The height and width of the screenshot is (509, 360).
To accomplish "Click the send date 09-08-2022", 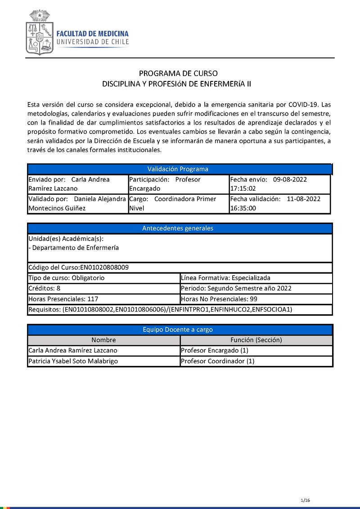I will click(x=290, y=179).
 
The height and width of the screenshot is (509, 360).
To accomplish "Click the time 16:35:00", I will click(x=243, y=208).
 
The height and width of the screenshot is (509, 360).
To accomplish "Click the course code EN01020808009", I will click(x=104, y=267).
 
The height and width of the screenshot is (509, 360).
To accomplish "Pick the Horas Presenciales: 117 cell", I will click(x=63, y=299).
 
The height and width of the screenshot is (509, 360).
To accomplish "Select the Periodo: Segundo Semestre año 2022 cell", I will click(x=236, y=288).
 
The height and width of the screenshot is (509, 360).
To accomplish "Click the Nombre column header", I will click(x=103, y=340).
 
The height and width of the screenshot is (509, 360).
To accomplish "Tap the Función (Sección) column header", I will click(x=256, y=340).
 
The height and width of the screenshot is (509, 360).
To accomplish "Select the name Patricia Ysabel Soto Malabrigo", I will click(x=79, y=361).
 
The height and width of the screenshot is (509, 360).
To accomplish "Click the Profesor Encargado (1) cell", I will click(x=214, y=350).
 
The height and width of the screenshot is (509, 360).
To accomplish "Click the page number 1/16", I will click(x=306, y=500).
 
